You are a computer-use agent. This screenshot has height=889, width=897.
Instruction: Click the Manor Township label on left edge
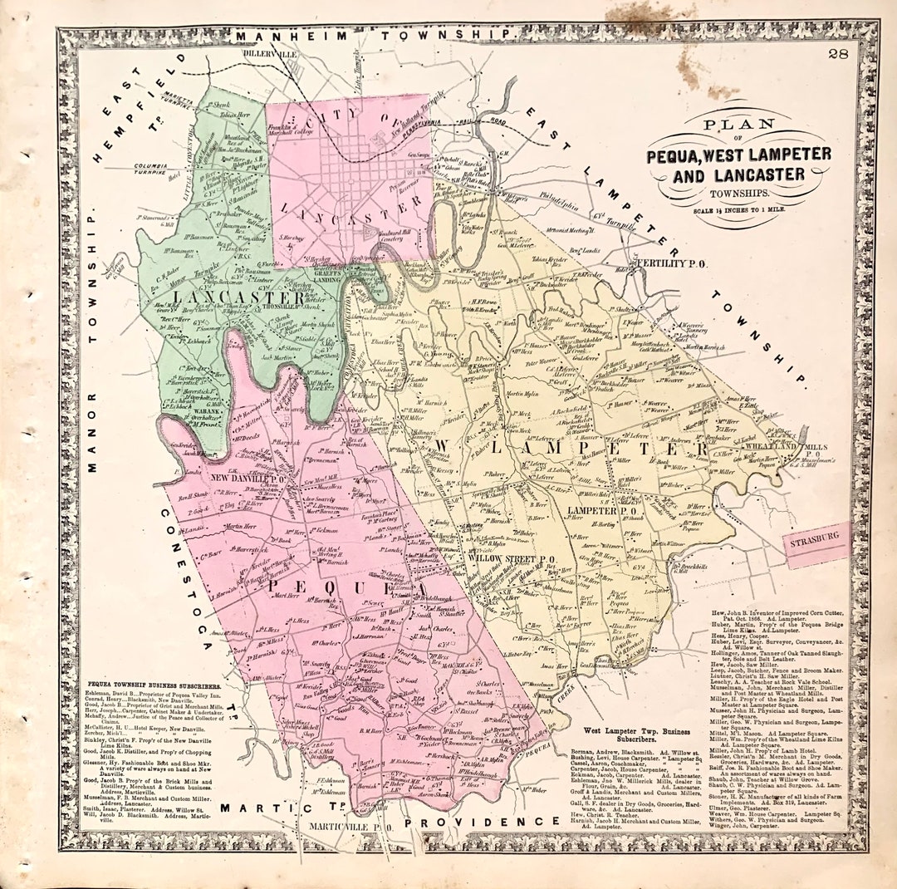click(x=92, y=341)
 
